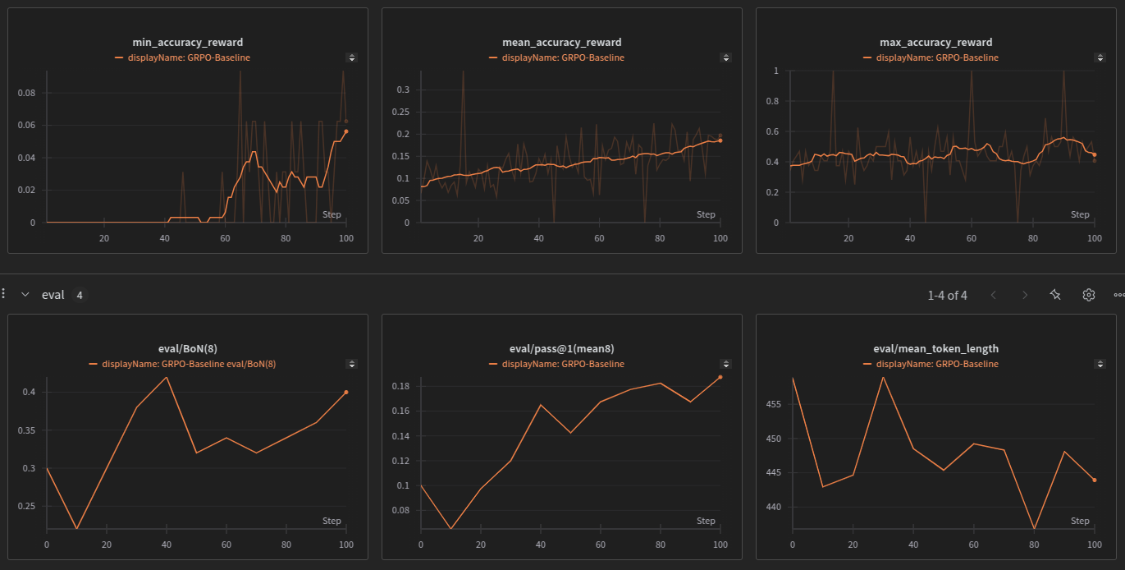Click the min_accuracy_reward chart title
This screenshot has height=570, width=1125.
tap(187, 42)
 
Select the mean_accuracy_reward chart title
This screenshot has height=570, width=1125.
tap(561, 42)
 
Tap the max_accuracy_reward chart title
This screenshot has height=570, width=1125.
tap(935, 42)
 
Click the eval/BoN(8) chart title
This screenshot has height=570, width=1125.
tap(187, 348)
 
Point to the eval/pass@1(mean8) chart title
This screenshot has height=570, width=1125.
tap(561, 348)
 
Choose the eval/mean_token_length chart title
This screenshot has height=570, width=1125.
tap(935, 348)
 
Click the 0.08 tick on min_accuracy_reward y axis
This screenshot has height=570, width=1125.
tap(27, 93)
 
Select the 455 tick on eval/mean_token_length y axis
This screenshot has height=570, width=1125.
tap(775, 404)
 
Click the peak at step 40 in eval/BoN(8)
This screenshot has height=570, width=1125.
tap(167, 377)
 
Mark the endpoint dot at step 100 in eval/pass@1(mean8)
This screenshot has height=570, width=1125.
tap(720, 377)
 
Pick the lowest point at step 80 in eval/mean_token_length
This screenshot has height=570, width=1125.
tap(1034, 529)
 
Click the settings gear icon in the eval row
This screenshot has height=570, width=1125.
tap(1088, 295)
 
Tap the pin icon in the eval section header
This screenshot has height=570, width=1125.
tap(1056, 295)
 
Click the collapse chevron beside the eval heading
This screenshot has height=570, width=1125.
tap(25, 295)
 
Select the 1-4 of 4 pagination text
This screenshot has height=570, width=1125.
tap(947, 295)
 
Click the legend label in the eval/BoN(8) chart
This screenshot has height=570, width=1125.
tap(189, 364)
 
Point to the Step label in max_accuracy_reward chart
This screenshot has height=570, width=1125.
tap(1080, 214)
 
